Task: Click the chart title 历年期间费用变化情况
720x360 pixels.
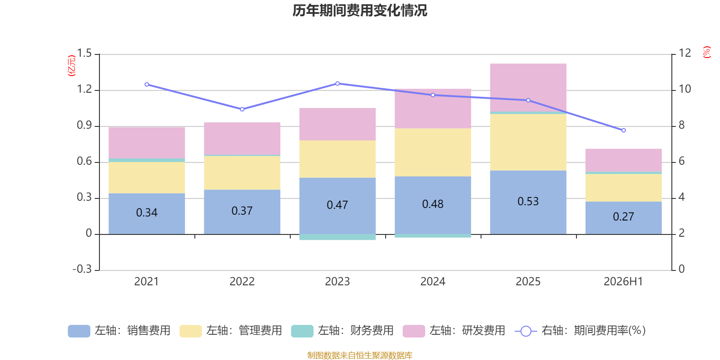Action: click(360, 11)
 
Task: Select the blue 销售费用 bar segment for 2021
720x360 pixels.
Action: click(147, 214)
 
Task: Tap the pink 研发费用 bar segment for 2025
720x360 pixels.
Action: click(528, 88)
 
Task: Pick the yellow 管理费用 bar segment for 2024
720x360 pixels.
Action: click(433, 153)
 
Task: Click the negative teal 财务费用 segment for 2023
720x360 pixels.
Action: click(337, 237)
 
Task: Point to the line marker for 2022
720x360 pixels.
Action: click(242, 109)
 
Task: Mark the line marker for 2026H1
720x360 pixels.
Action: click(624, 130)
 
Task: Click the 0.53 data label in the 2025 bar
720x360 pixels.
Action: click(528, 202)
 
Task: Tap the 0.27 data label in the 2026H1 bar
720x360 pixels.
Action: click(624, 216)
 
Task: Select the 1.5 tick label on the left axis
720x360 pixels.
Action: click(84, 53)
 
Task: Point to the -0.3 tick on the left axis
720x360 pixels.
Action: click(82, 269)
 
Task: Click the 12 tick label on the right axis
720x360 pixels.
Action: click(684, 53)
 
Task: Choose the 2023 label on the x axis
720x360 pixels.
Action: click(337, 282)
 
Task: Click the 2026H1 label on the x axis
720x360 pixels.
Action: click(623, 282)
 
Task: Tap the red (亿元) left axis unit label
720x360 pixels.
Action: click(72, 66)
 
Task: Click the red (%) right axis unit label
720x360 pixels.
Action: click(707, 52)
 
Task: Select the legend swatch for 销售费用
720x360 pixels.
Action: click(79, 331)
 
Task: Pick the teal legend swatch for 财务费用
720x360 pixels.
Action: click(302, 331)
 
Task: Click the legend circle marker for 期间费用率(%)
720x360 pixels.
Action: click(526, 331)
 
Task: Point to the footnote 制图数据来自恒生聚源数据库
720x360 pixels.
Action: click(360, 355)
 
